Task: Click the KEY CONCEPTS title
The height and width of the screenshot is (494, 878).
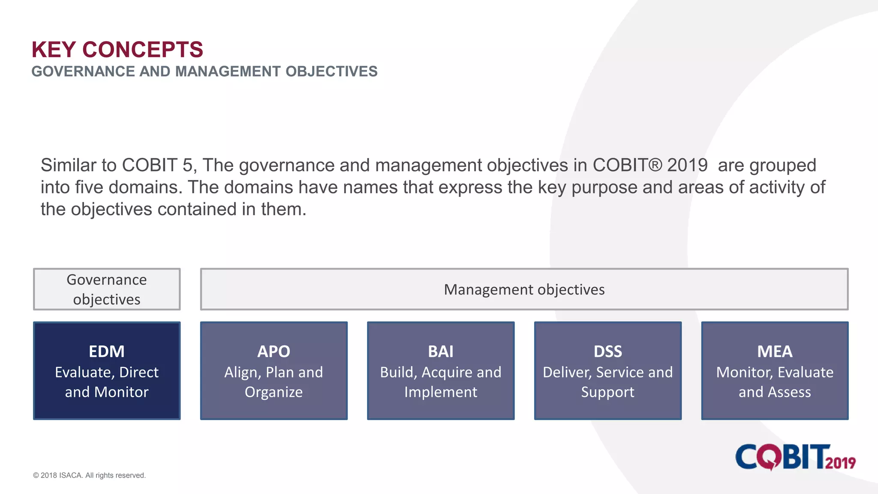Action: [117, 50]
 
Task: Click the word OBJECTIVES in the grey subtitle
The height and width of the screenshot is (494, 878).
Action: [331, 72]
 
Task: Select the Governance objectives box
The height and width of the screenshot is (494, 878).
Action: [107, 289]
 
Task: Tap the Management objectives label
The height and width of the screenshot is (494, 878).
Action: [524, 289]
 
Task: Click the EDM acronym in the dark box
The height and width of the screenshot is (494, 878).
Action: [107, 352]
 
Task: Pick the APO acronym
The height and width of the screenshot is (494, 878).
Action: [274, 352]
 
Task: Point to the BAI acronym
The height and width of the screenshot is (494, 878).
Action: [440, 352]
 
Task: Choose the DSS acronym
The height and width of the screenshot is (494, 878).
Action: [607, 352]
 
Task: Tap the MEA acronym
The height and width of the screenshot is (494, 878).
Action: [775, 352]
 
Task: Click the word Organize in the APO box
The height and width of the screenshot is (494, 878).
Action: [274, 392]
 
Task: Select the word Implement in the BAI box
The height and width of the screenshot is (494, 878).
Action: [440, 392]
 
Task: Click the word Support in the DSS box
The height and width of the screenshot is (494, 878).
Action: [607, 392]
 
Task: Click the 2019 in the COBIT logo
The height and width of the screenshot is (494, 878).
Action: [840, 463]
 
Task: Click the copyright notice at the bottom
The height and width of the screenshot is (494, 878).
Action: [89, 475]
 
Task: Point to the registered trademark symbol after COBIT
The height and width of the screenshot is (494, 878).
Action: [655, 165]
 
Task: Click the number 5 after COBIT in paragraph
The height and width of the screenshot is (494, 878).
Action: [187, 165]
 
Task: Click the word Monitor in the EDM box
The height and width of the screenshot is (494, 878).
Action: [121, 392]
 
